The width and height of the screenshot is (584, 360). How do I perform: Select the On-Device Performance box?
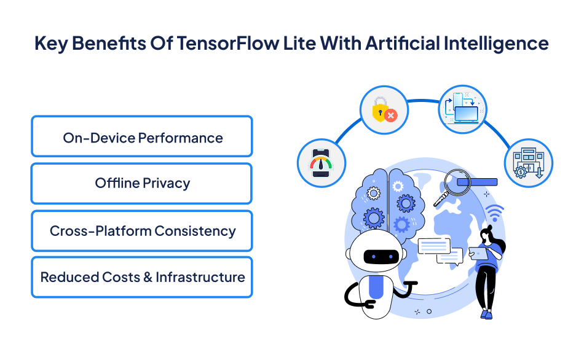(142, 137)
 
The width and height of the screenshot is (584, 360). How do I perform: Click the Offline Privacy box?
(142, 183)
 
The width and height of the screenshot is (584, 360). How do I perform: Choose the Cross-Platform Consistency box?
(142, 231)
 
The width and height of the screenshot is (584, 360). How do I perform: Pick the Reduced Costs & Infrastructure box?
(142, 277)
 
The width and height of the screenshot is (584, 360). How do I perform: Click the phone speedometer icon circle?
(321, 162)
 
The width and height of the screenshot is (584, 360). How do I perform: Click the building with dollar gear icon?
(528, 162)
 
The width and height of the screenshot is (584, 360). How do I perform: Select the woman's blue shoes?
(486, 314)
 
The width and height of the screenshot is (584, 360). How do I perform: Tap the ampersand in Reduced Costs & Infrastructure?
(148, 277)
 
